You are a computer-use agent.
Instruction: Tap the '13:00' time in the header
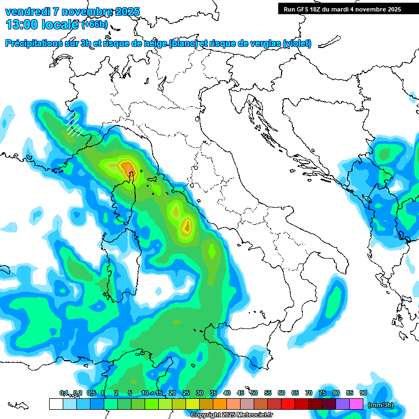point(19,24)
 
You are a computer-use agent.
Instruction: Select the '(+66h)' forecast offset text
point(94,24)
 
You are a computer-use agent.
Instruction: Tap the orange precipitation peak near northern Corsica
point(127,167)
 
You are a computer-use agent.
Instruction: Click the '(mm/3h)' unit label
point(380,405)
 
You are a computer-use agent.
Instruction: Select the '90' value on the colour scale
point(363,393)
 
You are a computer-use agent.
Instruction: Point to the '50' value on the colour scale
point(254,393)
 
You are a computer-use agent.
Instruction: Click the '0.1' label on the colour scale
point(63,393)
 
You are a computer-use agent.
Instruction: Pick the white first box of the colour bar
point(56,404)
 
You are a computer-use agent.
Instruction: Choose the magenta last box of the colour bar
point(356,404)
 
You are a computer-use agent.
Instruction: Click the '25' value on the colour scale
point(186,393)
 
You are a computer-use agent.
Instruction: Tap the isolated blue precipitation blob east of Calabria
point(332,303)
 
